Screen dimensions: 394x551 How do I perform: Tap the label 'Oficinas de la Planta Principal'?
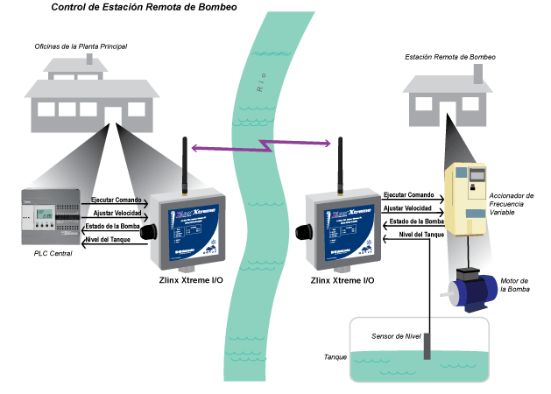click(x=81, y=46)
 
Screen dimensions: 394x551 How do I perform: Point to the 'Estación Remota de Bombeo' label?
click(x=450, y=57)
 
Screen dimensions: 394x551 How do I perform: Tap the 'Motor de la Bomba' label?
click(x=516, y=285)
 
